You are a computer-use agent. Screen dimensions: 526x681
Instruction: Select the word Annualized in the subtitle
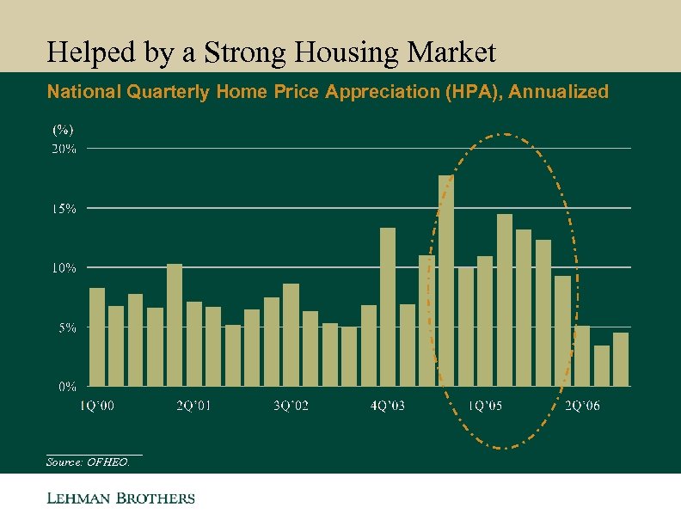click(x=559, y=92)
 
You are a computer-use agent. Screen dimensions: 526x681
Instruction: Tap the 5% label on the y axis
click(x=67, y=327)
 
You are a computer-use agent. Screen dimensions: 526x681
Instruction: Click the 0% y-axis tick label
click(x=67, y=386)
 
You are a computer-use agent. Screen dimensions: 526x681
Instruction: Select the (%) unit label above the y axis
click(x=63, y=130)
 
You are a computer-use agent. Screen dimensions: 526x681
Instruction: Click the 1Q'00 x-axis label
click(x=96, y=406)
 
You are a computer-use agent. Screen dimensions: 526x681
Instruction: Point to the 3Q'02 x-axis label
click(x=291, y=406)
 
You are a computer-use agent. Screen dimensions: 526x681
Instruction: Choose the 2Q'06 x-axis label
click(x=582, y=406)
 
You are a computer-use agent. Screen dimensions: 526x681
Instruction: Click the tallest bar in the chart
click(x=445, y=280)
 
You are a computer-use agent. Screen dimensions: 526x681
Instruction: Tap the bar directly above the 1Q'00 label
click(x=96, y=337)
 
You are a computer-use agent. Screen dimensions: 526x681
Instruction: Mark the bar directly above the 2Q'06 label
click(x=582, y=356)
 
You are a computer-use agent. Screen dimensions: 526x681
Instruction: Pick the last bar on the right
click(x=621, y=359)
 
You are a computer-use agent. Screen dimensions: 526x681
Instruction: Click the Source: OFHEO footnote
click(x=89, y=462)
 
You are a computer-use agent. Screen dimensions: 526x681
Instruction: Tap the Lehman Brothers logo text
click(x=120, y=498)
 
